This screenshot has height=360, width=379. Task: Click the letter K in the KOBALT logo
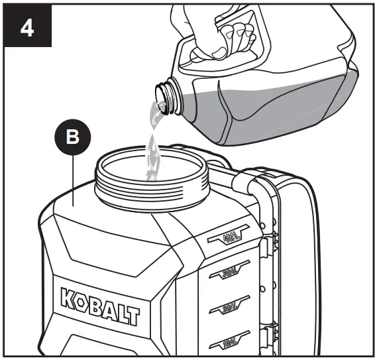pyautogui.click(x=70, y=298)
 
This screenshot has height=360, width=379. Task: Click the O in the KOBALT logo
pyautogui.click(x=83, y=300)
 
